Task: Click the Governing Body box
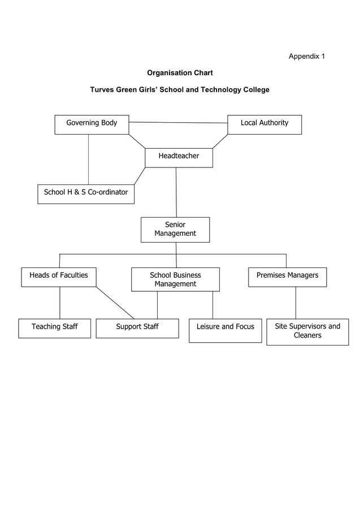point(92,124)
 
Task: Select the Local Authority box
point(264,124)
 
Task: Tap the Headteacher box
point(179,158)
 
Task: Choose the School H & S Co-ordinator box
point(86,194)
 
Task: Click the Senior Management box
point(175,230)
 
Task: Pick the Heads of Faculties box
point(59,277)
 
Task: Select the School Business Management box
point(175,279)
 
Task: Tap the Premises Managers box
point(288,277)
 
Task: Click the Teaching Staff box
point(54,329)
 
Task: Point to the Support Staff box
point(137,329)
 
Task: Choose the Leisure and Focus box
point(225,331)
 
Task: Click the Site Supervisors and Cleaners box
point(308,332)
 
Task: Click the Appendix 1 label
point(307,56)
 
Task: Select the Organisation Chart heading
point(180,73)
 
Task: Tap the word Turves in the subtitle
point(102,89)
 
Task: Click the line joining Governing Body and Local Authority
point(179,123)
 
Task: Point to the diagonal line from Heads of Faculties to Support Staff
point(115,303)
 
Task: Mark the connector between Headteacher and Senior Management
point(176,192)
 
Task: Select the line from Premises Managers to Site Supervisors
point(296,303)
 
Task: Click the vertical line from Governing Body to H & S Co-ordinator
point(89,159)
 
